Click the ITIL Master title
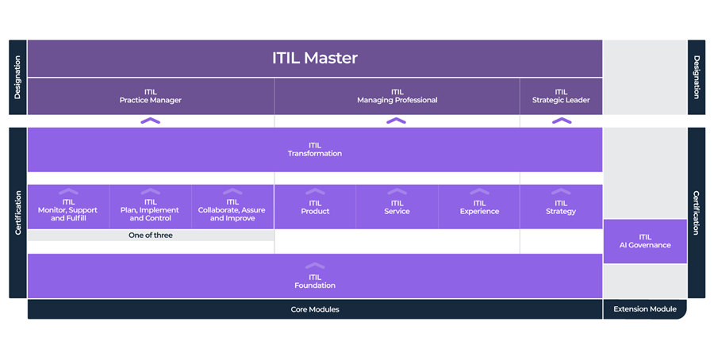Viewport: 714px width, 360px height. click(x=315, y=58)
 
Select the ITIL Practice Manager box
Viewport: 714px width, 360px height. click(x=151, y=96)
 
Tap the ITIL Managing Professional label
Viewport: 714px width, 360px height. click(x=397, y=96)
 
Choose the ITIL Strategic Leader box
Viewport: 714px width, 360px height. click(x=561, y=96)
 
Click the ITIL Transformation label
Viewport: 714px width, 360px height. click(x=315, y=149)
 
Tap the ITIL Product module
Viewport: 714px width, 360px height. click(x=315, y=208)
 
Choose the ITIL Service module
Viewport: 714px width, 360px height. click(x=397, y=208)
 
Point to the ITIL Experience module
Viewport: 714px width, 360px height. click(x=479, y=208)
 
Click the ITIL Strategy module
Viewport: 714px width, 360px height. click(x=561, y=208)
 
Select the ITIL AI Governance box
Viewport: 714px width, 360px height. click(x=645, y=241)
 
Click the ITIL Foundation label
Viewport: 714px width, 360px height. click(x=315, y=281)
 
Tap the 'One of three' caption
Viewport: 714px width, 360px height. click(x=151, y=236)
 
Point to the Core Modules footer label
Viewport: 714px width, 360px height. click(x=315, y=309)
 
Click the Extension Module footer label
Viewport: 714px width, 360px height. click(x=645, y=309)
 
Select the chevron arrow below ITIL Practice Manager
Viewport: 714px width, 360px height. click(x=151, y=121)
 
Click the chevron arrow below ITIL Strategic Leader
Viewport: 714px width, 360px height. click(x=561, y=121)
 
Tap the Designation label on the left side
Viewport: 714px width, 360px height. click(x=17, y=77)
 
